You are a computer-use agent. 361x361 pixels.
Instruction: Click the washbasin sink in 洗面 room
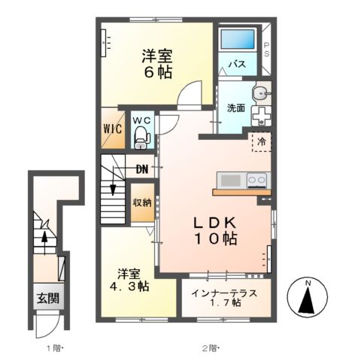(259, 93)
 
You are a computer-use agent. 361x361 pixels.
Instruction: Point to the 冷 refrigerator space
(262, 141)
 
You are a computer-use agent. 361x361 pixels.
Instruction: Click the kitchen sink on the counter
(230, 180)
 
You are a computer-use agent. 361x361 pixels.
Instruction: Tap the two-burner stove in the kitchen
(256, 180)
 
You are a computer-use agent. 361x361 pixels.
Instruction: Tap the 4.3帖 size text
(129, 287)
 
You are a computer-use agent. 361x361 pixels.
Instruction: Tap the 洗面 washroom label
(235, 108)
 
